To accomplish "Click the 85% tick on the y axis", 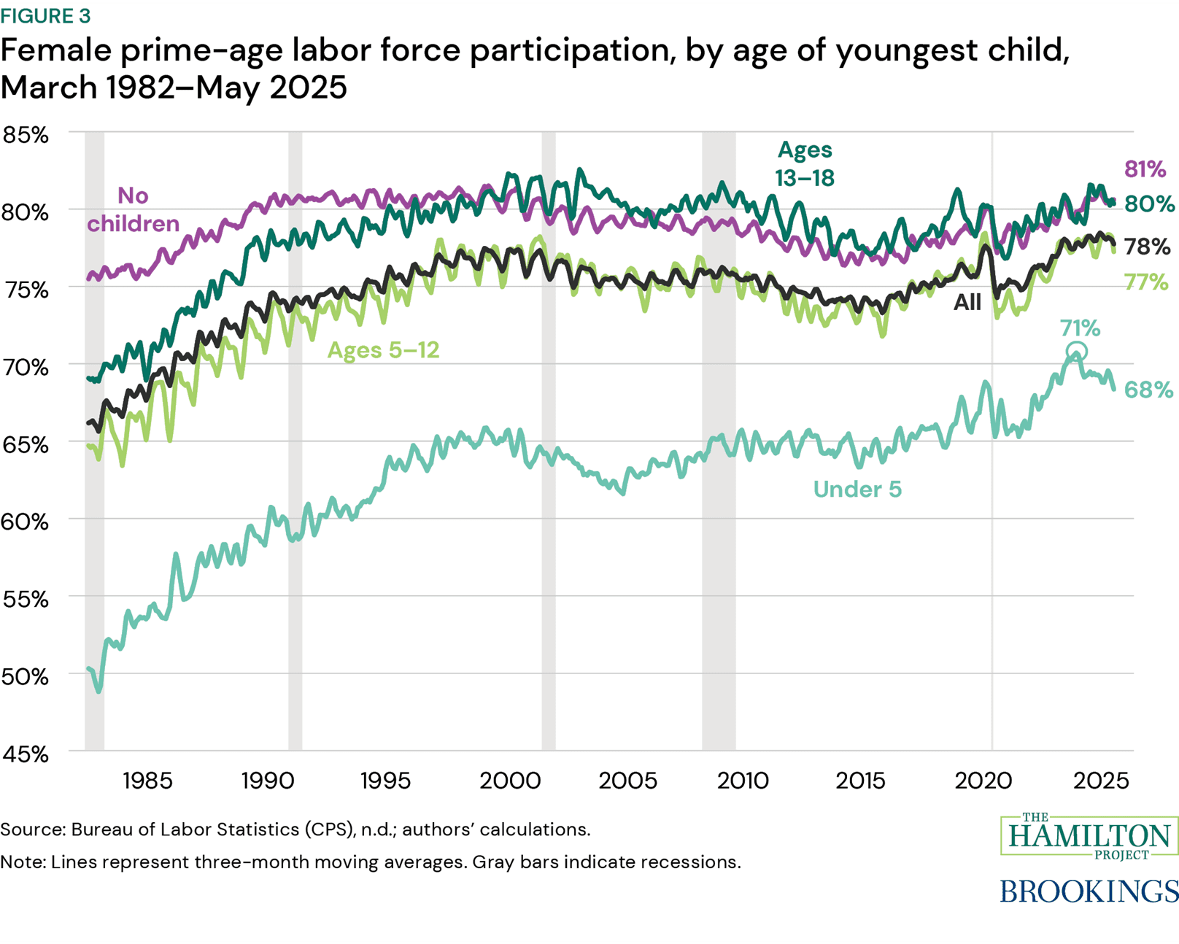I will [26, 135].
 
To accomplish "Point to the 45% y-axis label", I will [26, 754].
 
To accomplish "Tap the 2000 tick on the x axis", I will [509, 781].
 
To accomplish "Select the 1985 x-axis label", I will [147, 781].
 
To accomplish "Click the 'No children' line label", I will [134, 209].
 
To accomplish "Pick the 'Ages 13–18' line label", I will [805, 163].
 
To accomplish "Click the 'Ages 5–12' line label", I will [383, 350].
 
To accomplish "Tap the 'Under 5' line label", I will [857, 489].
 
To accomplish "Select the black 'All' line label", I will [967, 302].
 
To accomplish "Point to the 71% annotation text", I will [1080, 328].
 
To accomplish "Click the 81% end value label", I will [1145, 169].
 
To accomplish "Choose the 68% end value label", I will [1148, 390].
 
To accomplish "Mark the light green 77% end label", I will [1145, 282].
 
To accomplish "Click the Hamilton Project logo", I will [1089, 835].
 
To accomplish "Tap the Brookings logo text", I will [1089, 891].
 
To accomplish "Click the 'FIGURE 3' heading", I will [45, 15].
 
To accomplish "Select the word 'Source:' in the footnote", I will [33, 829].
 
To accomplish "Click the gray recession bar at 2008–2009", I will [719, 438].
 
